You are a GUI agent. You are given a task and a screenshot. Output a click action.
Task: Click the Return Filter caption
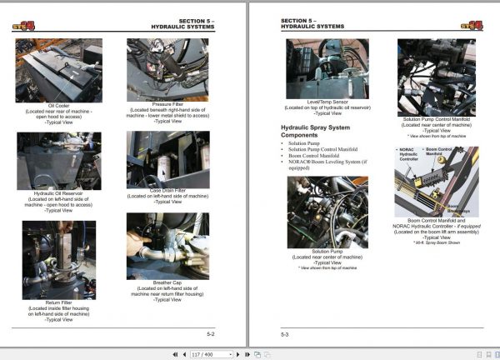point(58,309)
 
